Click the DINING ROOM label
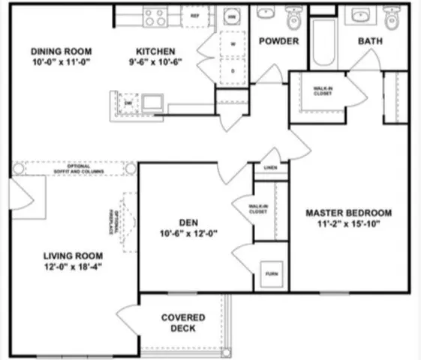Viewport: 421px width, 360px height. click(60, 51)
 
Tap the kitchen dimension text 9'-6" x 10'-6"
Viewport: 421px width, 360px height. click(156, 62)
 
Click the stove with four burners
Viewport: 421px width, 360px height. click(155, 16)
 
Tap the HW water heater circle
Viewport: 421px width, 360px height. click(232, 16)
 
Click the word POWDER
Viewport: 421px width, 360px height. click(278, 40)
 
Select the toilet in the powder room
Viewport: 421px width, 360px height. click(294, 17)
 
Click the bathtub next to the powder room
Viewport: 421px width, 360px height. click(323, 42)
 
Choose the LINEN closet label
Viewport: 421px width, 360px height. click(271, 168)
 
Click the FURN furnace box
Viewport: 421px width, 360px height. click(271, 273)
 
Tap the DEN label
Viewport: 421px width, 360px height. click(188, 221)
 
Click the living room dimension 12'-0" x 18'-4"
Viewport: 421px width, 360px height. click(72, 266)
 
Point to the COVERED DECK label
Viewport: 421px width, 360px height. click(183, 322)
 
